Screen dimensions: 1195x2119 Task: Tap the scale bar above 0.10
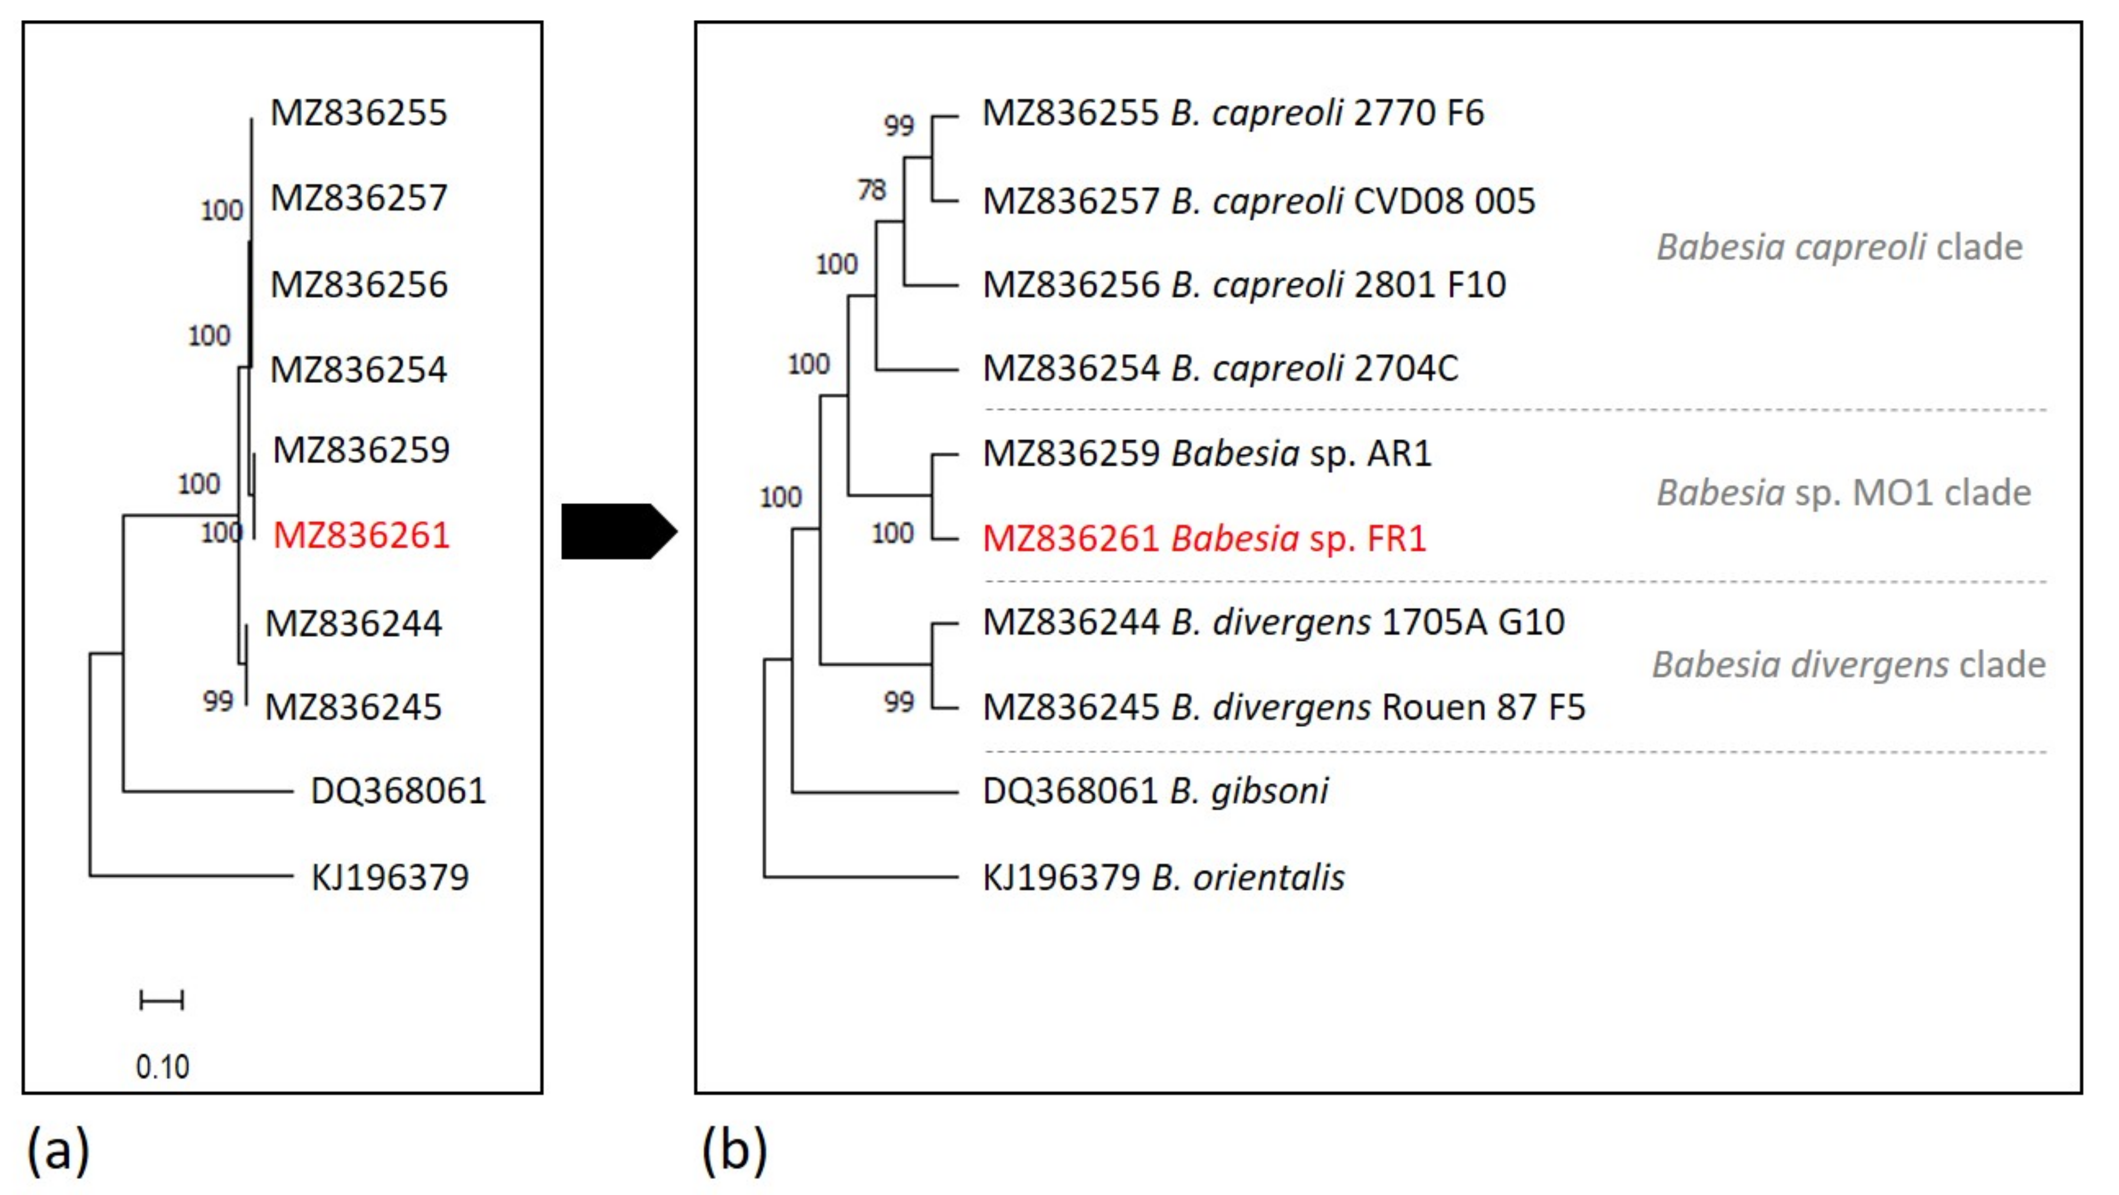click(161, 1000)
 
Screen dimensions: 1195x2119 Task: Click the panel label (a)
click(58, 1149)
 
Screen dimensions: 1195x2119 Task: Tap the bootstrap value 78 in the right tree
click(872, 190)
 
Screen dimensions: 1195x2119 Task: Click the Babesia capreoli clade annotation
click(1839, 247)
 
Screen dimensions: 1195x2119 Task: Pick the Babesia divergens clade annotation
click(1848, 664)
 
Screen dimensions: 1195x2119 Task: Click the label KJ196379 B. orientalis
click(1163, 877)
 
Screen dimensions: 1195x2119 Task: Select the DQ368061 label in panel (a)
click(398, 791)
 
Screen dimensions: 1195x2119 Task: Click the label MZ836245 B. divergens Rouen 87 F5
click(1283, 707)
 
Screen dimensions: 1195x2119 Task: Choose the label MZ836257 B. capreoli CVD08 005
click(1259, 201)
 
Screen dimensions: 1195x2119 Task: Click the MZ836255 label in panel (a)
click(359, 113)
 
